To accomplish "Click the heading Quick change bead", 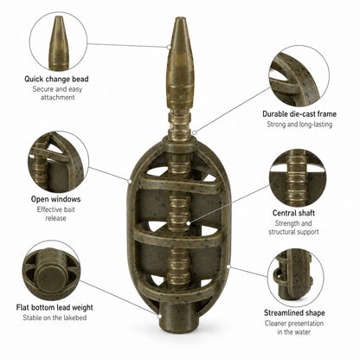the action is click(56, 79).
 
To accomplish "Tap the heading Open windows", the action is click(55, 199).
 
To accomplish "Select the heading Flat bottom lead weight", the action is click(55, 307).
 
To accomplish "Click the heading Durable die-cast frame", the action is click(299, 114).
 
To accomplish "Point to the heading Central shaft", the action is click(293, 213).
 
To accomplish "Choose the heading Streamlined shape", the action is click(294, 313).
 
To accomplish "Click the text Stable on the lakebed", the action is click(55, 318).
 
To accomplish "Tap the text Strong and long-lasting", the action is click(299, 125).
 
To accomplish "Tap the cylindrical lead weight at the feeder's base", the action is click(179, 317).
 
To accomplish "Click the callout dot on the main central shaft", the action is click(188, 223).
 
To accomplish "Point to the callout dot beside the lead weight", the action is click(159, 316).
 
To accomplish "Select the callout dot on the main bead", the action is click(169, 47).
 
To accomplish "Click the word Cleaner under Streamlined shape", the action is click(275, 324).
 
